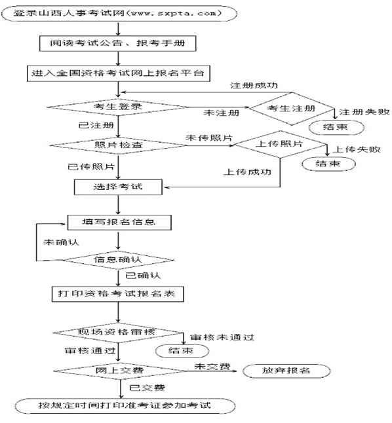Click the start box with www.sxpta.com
click(119, 14)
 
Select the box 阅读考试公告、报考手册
click(118, 43)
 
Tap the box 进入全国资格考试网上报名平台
click(119, 73)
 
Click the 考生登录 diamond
click(118, 107)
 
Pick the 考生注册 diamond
click(292, 109)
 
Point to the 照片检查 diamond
click(119, 145)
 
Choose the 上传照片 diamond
click(280, 144)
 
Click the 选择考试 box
click(118, 187)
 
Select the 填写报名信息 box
click(119, 223)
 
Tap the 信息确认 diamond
click(119, 260)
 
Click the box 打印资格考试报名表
click(118, 294)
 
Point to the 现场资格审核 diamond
click(118, 333)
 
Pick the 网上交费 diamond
click(119, 371)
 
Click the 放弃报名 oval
click(286, 371)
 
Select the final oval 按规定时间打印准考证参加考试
click(125, 406)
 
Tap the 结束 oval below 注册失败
click(337, 127)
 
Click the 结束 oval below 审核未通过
click(182, 351)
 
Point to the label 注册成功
click(254, 86)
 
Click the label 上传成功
click(247, 172)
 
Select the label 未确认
click(61, 242)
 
